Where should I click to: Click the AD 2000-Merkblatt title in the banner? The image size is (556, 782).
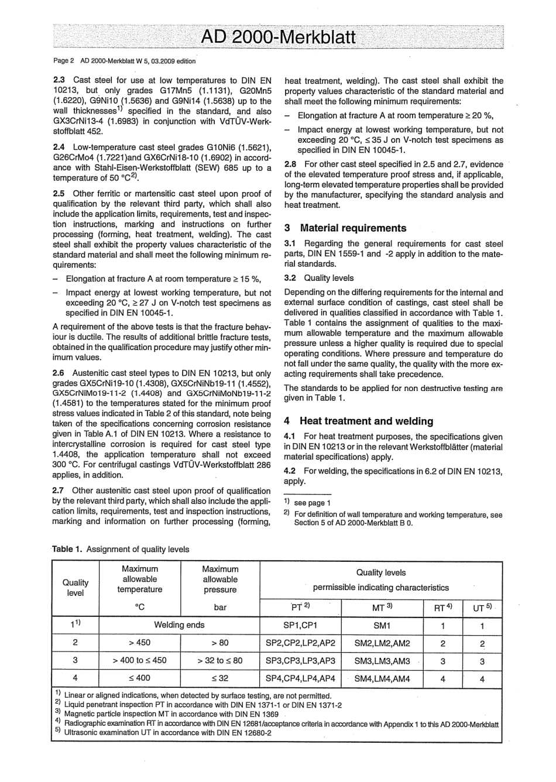[x=277, y=37]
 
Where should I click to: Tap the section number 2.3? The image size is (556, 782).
[x=59, y=81]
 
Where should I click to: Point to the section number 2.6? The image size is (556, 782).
[x=59, y=373]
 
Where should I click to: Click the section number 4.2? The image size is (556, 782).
[x=290, y=471]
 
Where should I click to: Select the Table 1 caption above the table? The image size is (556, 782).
[x=121, y=549]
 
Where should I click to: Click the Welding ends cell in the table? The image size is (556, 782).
[x=179, y=625]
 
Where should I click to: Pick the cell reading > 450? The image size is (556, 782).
[x=139, y=643]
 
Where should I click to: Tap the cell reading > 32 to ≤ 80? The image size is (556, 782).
[x=220, y=660]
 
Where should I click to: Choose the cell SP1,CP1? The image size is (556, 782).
[x=300, y=625]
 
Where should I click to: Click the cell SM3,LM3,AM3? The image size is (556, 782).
[x=382, y=661]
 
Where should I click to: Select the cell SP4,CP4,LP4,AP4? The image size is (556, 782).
[x=300, y=678]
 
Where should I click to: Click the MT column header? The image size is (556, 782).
[x=382, y=608]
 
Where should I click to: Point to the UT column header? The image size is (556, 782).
[x=482, y=608]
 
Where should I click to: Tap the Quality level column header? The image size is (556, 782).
[x=75, y=587]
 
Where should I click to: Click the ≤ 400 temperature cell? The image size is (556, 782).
[x=139, y=678]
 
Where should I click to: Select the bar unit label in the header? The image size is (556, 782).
[x=220, y=608]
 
